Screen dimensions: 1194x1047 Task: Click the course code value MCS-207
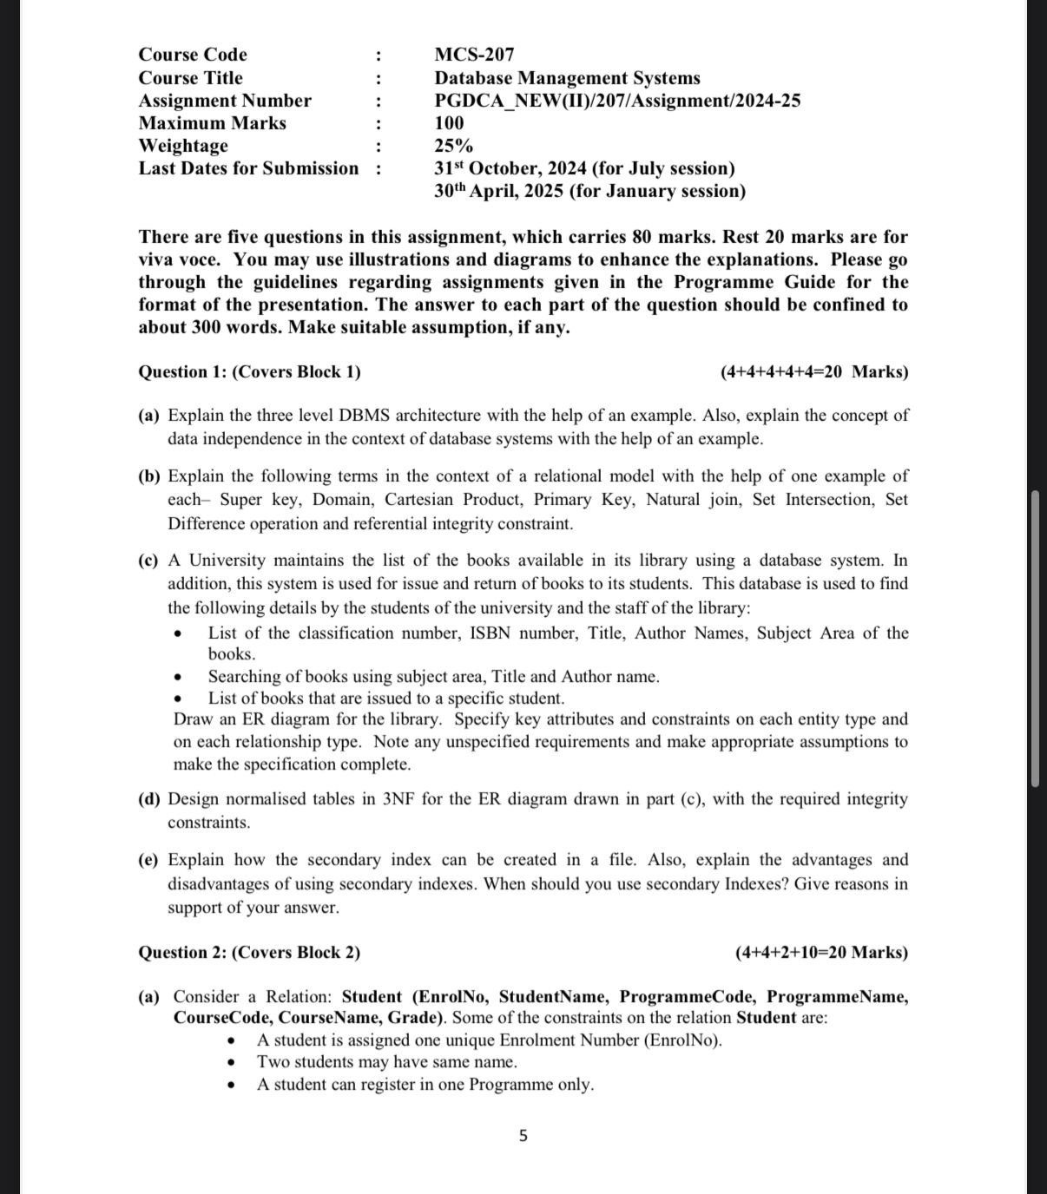[474, 55]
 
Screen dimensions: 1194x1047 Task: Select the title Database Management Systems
[567, 78]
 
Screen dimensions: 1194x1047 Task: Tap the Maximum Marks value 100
[449, 123]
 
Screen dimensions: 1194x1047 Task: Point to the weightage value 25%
[453, 146]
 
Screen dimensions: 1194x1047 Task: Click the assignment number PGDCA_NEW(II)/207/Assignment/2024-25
[617, 101]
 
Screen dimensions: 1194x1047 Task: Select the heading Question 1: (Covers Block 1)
[249, 372]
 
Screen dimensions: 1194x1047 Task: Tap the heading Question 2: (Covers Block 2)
[249, 953]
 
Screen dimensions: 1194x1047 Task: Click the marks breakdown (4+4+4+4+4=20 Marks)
[814, 372]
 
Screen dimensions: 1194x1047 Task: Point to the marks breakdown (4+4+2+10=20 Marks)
[821, 953]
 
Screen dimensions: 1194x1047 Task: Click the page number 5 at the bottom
[523, 1135]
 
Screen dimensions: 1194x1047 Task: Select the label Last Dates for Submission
[248, 168]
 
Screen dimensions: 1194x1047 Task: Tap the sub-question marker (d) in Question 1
[149, 799]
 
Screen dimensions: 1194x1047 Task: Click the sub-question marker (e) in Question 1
[149, 860]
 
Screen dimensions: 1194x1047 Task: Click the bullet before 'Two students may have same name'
[231, 1063]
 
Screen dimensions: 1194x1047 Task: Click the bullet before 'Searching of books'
[178, 677]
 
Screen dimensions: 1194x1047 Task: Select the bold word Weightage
[183, 146]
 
